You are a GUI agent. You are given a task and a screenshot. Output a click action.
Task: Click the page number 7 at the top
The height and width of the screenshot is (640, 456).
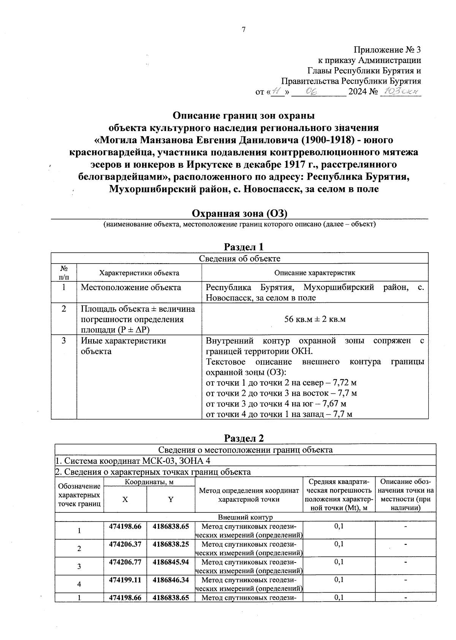244,30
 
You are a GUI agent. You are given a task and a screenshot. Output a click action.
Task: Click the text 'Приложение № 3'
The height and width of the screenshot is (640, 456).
387,50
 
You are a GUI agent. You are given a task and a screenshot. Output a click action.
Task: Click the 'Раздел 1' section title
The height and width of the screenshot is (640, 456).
244,247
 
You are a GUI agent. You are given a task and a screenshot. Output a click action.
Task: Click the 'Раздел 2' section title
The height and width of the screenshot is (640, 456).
244,438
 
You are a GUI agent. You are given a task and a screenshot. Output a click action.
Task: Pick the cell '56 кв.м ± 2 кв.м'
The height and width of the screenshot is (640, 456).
315,319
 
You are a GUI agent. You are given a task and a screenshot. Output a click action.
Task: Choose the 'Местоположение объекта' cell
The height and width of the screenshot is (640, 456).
131,288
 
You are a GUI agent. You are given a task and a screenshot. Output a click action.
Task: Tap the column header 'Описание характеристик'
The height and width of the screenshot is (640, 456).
315,273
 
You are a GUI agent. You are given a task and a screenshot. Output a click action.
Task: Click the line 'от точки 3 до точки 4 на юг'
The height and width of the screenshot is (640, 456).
276,403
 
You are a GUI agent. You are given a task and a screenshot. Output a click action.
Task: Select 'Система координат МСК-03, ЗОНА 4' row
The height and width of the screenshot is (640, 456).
133,461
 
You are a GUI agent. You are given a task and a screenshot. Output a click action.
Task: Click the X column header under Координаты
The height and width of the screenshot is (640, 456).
125,499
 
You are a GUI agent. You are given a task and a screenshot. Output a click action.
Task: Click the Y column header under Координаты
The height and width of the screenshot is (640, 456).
171,499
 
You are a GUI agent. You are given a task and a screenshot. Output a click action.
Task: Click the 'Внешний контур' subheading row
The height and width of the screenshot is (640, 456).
245,517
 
